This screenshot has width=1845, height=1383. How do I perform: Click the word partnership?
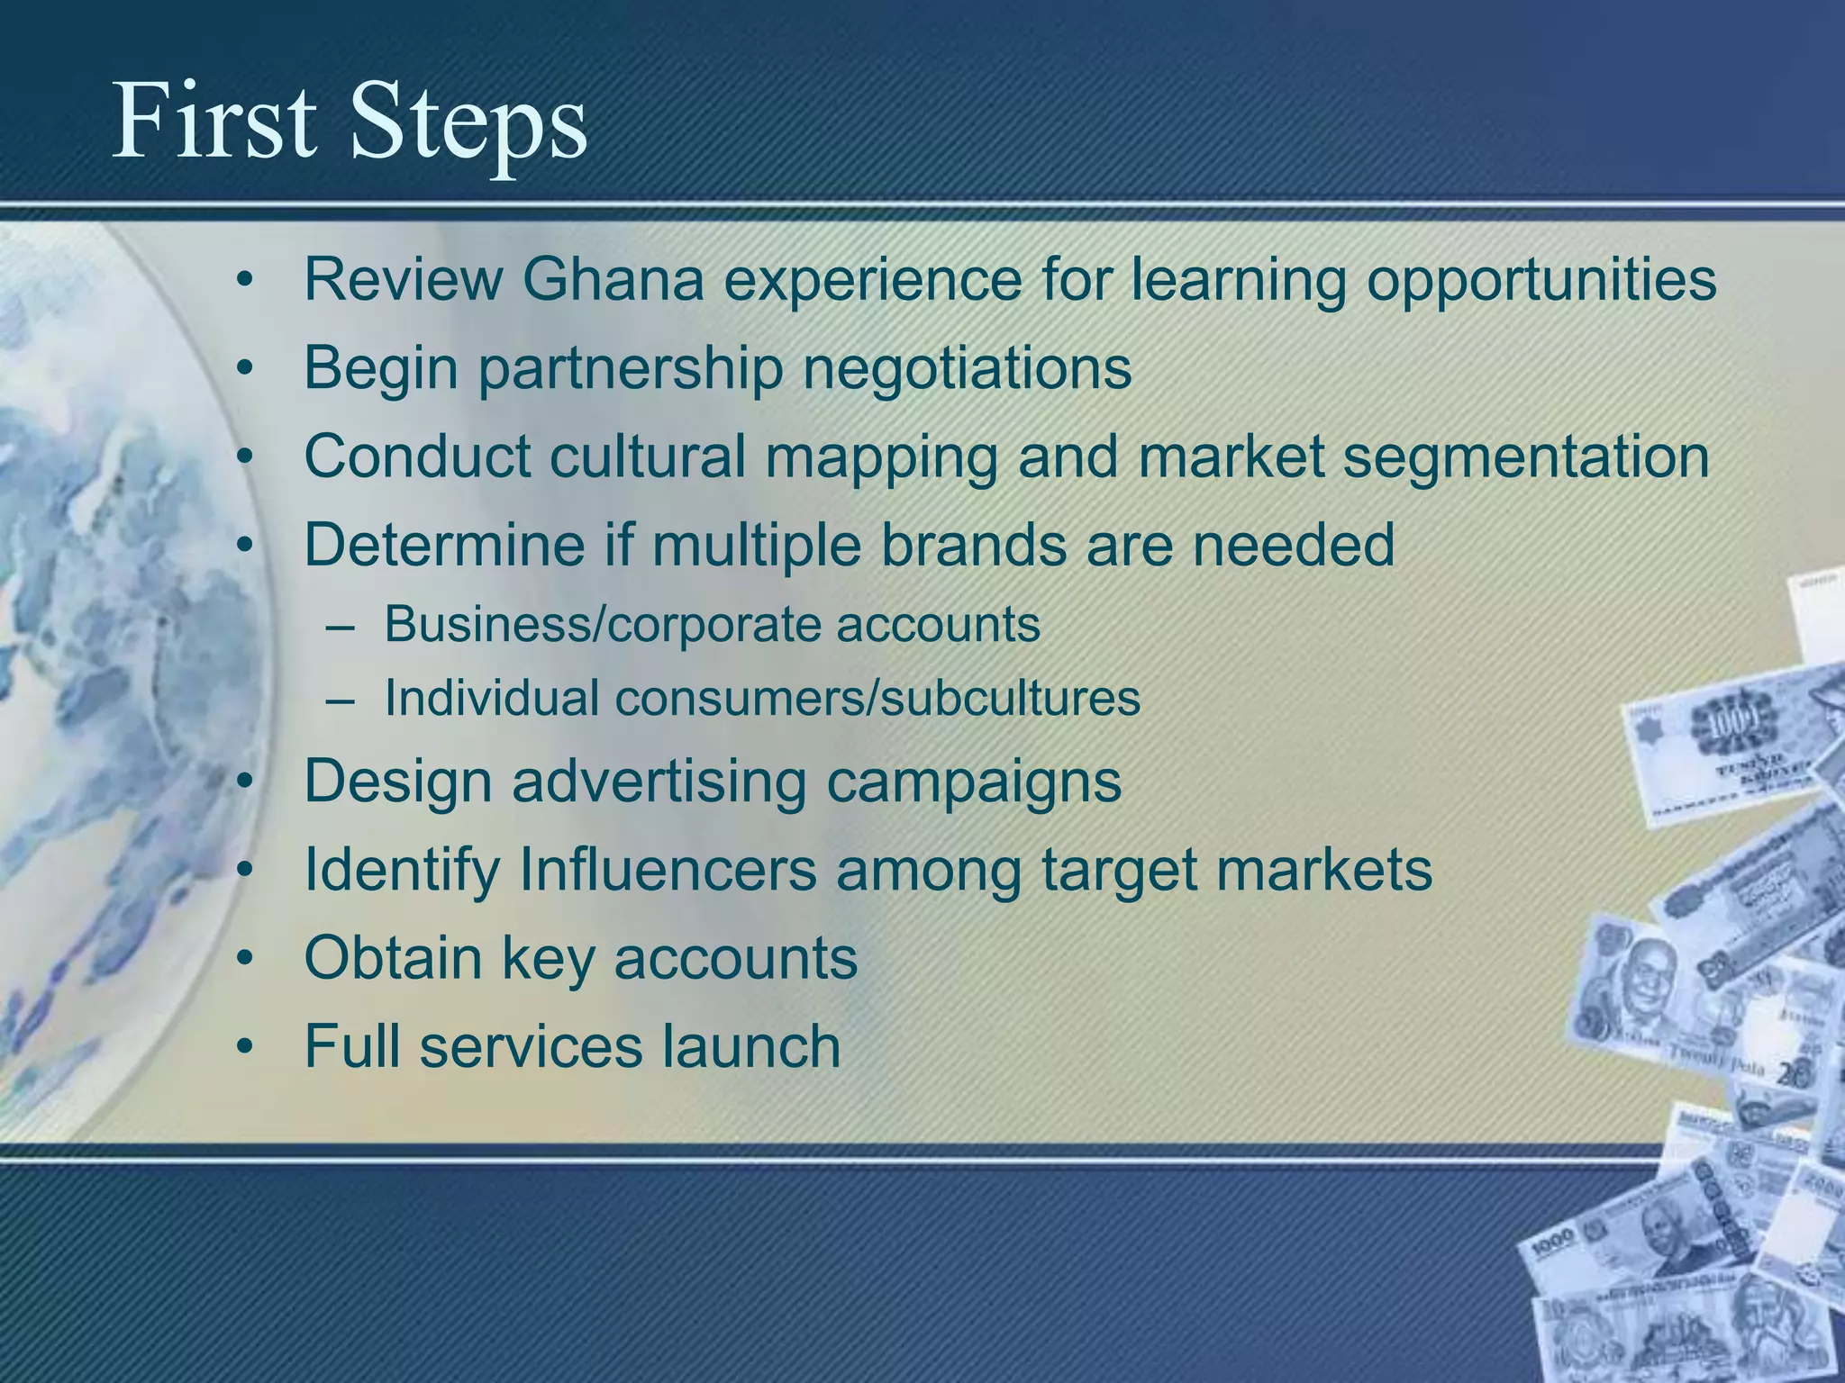point(631,369)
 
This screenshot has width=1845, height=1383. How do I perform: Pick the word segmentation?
point(1526,457)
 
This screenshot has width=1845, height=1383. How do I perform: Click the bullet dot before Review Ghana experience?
point(242,282)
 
